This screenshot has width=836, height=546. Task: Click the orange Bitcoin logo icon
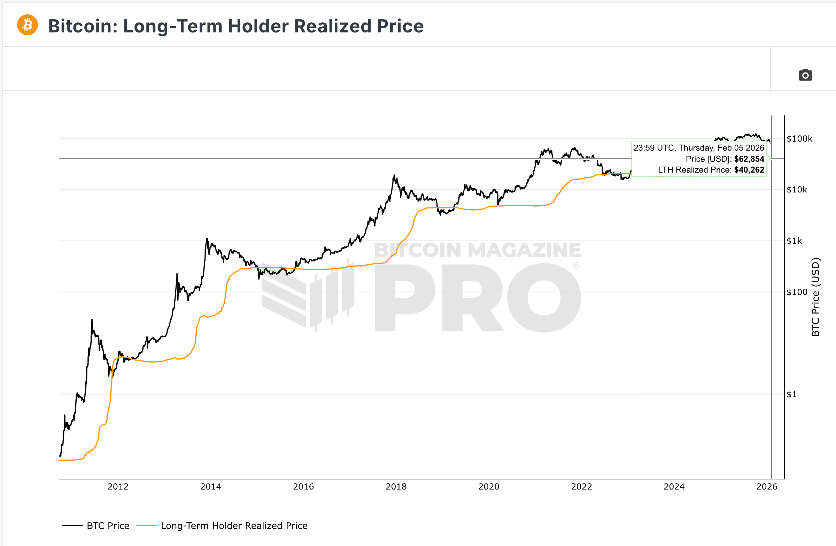coord(28,25)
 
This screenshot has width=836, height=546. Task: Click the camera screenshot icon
coord(805,75)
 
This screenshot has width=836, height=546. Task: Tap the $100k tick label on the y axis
coord(799,139)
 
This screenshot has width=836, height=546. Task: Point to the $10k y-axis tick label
coord(797,190)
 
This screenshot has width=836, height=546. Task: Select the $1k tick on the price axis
coord(794,241)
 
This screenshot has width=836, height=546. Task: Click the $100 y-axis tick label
coord(797,292)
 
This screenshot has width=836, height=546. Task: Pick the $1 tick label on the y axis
coord(791,394)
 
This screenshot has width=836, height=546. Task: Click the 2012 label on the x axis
coord(118,487)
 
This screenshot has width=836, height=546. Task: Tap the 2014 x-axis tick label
coord(211,487)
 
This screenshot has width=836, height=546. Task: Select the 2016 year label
coord(303,487)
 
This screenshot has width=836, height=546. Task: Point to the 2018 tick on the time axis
coord(396,487)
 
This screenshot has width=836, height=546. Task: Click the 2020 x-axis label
coord(489,487)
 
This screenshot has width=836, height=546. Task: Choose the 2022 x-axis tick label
coord(581,487)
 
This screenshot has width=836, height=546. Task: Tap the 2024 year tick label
coord(674,487)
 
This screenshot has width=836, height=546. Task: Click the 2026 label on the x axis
coord(767,487)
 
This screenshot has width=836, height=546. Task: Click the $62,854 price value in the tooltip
coord(749,159)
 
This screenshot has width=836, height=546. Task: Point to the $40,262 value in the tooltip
coord(749,170)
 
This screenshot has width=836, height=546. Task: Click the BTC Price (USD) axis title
coord(816,297)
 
